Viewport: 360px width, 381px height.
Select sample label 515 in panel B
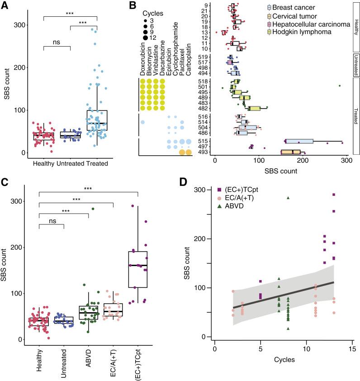click(204, 142)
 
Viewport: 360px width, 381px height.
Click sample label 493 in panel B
click(204, 152)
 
